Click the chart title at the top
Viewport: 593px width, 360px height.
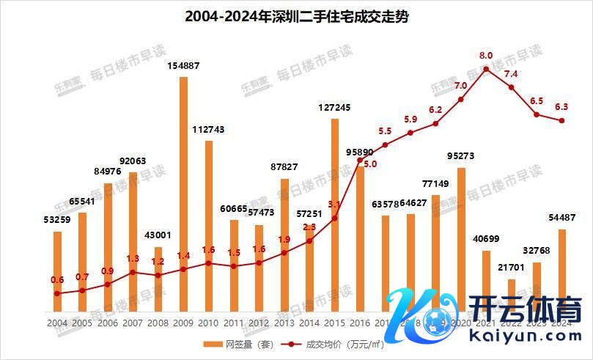pyautogui.click(x=296, y=16)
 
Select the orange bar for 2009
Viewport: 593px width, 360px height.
pyautogui.click(x=183, y=194)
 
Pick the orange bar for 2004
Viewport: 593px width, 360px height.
pyautogui.click(x=57, y=271)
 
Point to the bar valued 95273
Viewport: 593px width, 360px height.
pyautogui.click(x=461, y=239)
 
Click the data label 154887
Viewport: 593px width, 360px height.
pyautogui.click(x=183, y=67)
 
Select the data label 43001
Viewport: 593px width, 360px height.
pyautogui.click(x=158, y=235)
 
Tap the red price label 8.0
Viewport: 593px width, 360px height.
pyautogui.click(x=486, y=55)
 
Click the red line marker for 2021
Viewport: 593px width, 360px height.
pyautogui.click(x=486, y=70)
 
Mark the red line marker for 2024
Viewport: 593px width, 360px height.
pyautogui.click(x=561, y=121)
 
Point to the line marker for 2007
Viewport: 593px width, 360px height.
pyautogui.click(x=133, y=272)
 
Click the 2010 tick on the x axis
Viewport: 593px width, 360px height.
pyautogui.click(x=208, y=323)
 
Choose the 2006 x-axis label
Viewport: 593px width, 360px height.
pyautogui.click(x=108, y=323)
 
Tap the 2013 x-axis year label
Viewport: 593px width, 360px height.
pyautogui.click(x=284, y=323)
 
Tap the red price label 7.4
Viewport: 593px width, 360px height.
pyautogui.click(x=511, y=74)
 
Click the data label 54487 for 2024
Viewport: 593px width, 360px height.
pyautogui.click(x=561, y=217)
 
